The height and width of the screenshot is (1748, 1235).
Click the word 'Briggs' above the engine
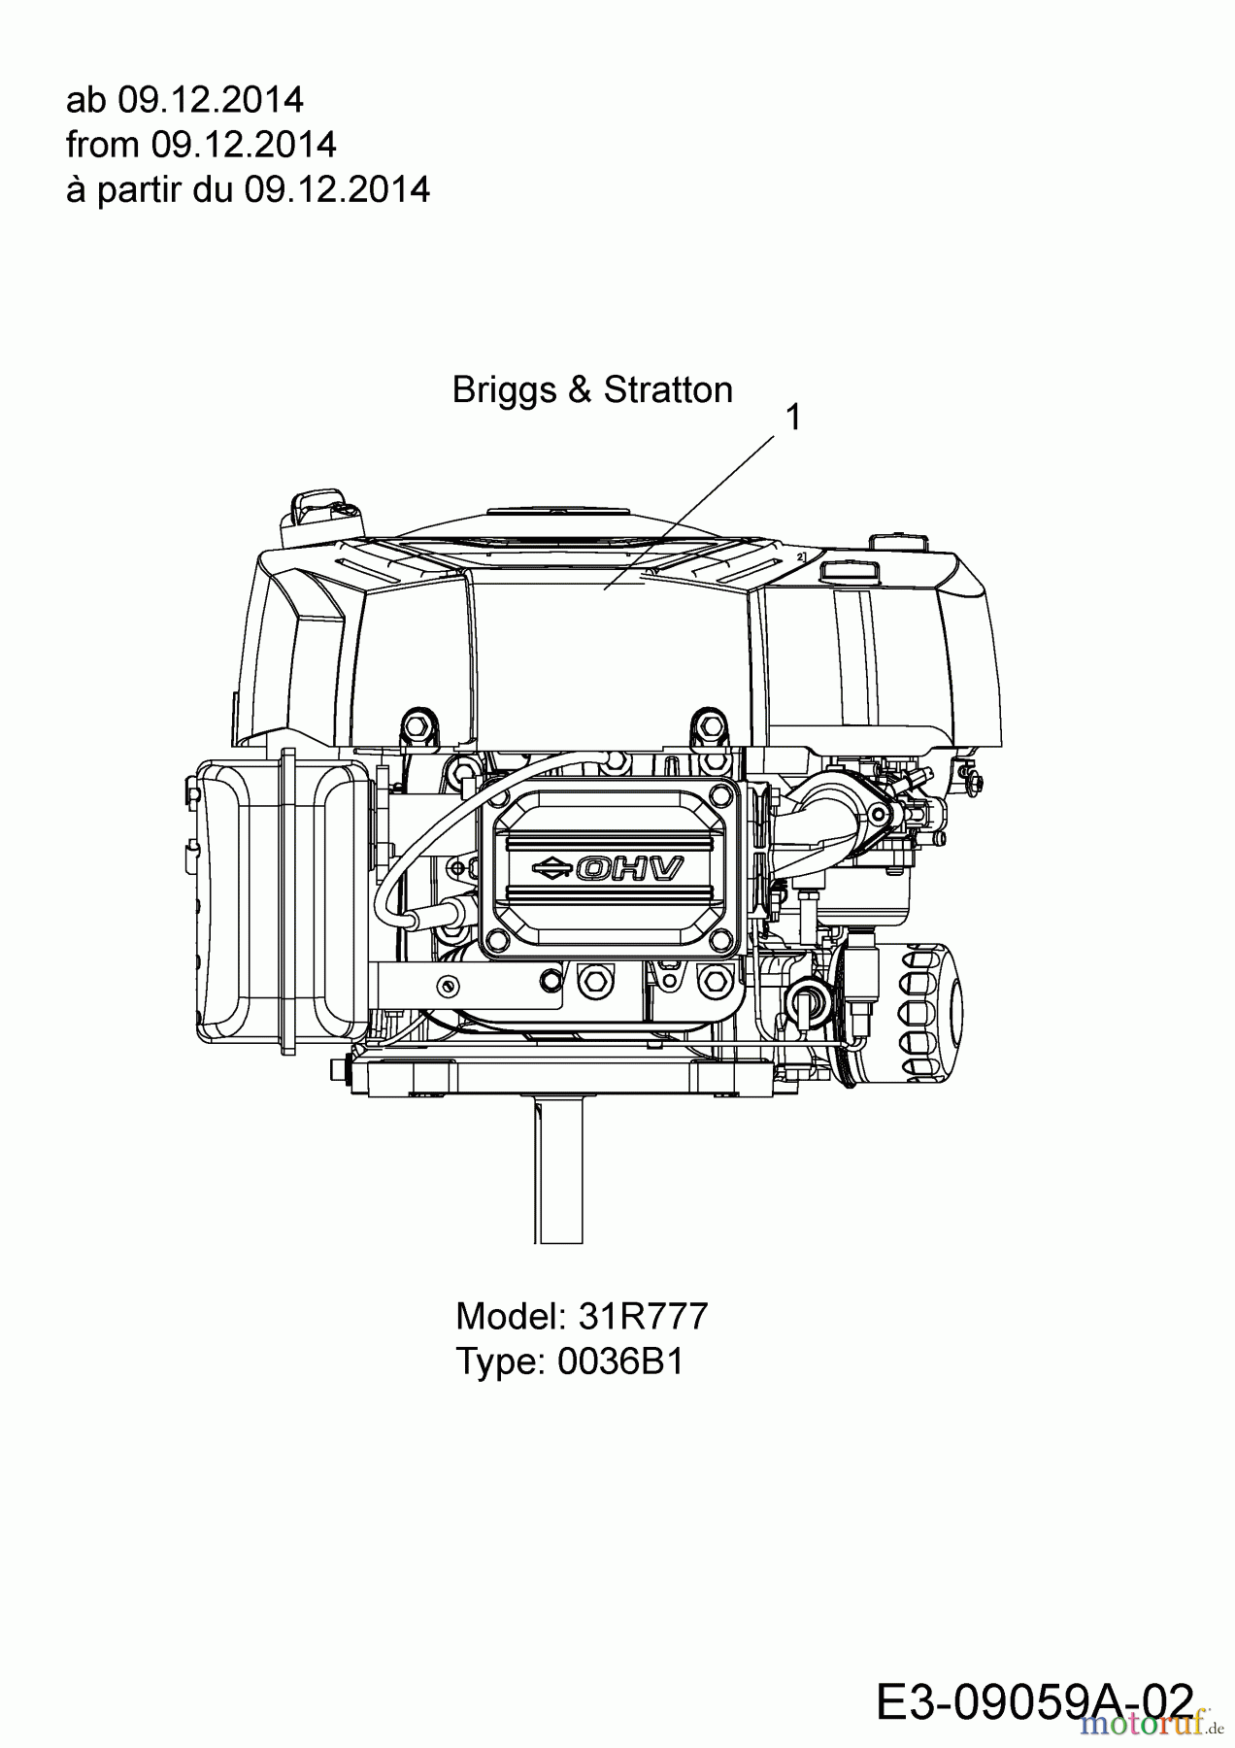point(504,391)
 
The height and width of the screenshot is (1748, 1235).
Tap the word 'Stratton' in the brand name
point(668,390)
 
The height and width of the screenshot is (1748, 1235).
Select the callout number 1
point(793,418)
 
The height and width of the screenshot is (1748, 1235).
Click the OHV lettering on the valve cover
point(629,867)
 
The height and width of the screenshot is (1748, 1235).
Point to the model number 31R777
point(644,1316)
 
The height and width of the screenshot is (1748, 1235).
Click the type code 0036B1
point(620,1361)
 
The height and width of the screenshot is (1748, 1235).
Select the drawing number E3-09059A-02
point(1035,1703)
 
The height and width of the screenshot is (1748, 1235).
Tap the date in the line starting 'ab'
point(211,99)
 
